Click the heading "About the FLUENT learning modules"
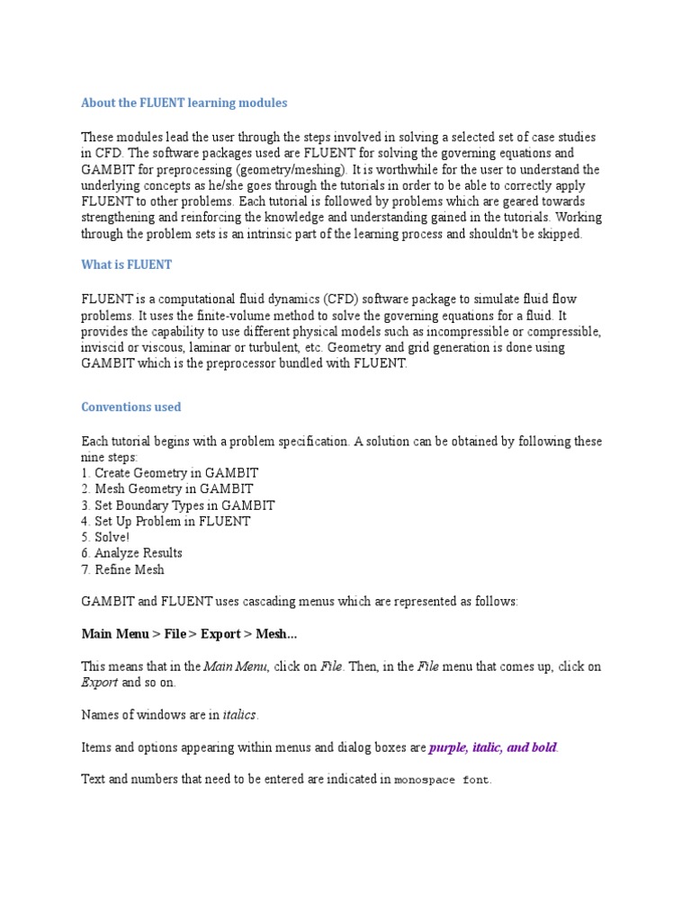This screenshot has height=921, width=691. coord(184,103)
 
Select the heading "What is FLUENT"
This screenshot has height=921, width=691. coord(126,265)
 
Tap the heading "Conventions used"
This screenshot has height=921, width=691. coord(130,407)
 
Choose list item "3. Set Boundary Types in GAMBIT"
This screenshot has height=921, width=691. coord(177,505)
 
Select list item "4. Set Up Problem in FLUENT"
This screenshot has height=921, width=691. coord(166,522)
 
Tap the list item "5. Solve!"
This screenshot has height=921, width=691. coord(105,538)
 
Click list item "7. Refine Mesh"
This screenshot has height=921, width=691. coord(122,570)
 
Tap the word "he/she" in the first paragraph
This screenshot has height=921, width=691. coord(225,186)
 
